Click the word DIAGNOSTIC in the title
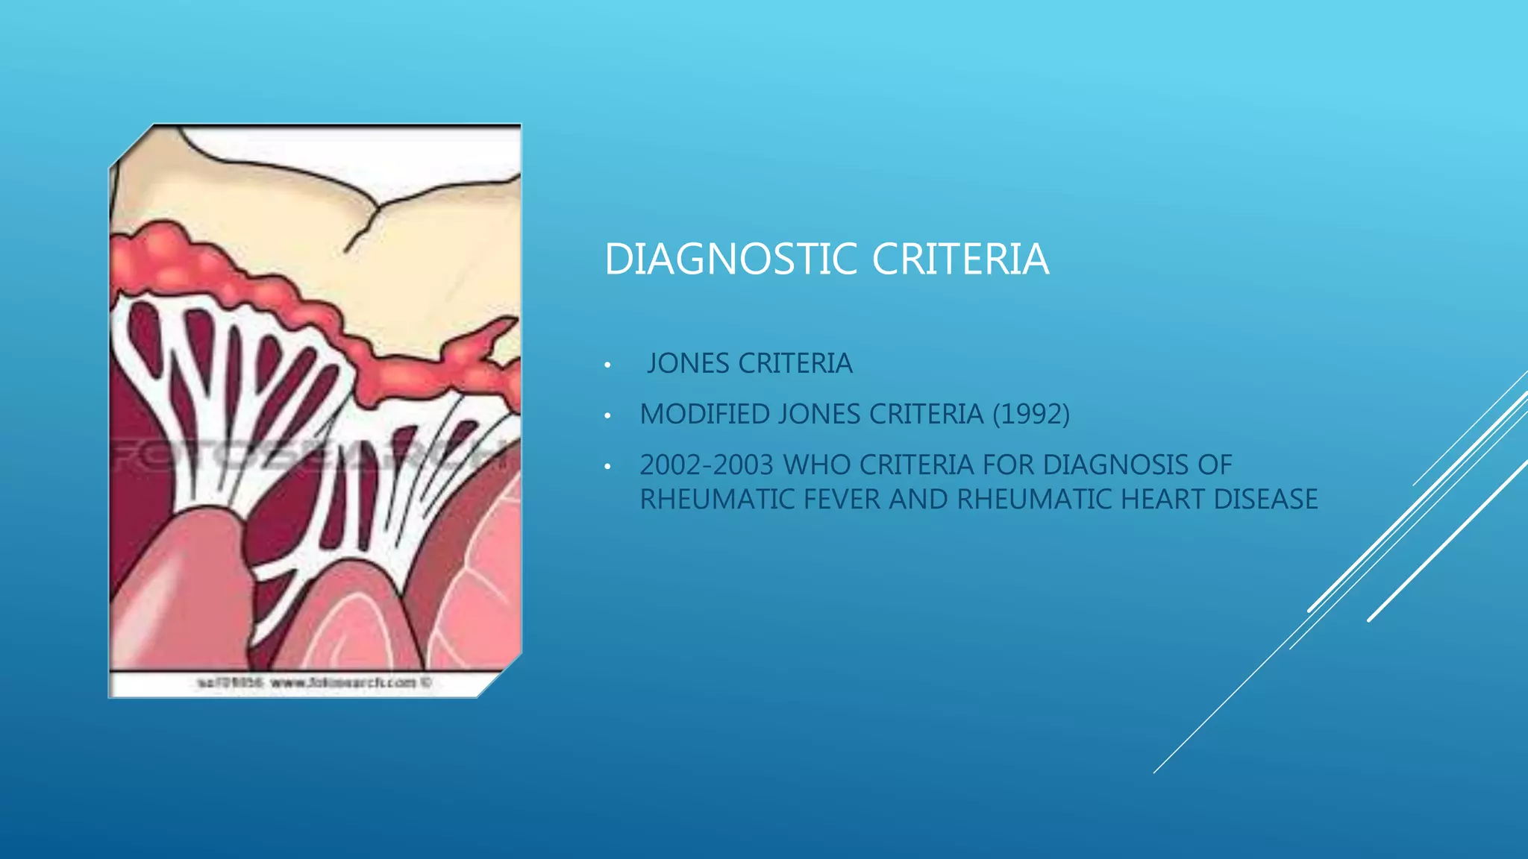pyautogui.click(x=730, y=259)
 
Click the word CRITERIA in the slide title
pyautogui.click(x=959, y=259)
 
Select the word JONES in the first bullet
pyautogui.click(x=689, y=364)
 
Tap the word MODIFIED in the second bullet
pyautogui.click(x=704, y=415)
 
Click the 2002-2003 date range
pyautogui.click(x=707, y=465)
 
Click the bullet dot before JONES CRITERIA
pyautogui.click(x=608, y=365)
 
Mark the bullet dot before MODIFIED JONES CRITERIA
pyautogui.click(x=608, y=416)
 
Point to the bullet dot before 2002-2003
pyautogui.click(x=608, y=467)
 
